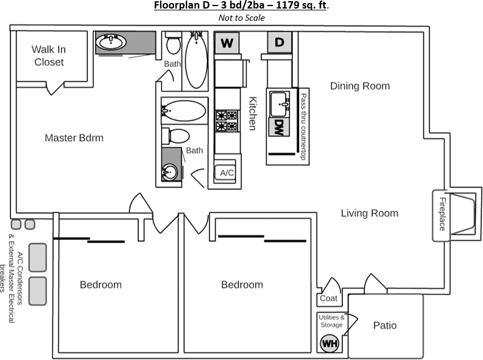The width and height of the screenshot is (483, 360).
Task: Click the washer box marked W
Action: click(227, 43)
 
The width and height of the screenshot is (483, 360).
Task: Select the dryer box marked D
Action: click(280, 42)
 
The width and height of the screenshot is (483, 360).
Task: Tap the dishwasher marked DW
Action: click(279, 127)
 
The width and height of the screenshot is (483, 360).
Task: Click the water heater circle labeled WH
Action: click(330, 343)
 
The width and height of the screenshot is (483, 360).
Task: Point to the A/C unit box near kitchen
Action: click(226, 173)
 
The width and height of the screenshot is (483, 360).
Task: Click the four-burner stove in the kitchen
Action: click(227, 121)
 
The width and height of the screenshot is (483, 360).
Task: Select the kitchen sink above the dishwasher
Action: click(280, 104)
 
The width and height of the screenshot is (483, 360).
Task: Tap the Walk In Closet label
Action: click(49, 56)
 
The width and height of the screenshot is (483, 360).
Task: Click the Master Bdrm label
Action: click(74, 138)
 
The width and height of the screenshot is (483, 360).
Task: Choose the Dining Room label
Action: click(360, 86)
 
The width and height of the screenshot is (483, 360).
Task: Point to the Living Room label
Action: click(369, 213)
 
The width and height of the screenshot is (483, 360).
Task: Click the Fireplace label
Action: click(443, 214)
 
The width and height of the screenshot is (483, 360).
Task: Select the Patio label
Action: click(385, 325)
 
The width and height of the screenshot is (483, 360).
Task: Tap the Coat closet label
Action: click(329, 298)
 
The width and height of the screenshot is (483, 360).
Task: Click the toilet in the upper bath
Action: click(174, 43)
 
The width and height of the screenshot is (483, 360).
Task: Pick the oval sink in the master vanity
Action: click(111, 42)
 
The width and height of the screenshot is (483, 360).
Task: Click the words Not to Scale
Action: click(241, 18)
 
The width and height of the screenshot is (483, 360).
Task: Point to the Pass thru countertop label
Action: click(303, 127)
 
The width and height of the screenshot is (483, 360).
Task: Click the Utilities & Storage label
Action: click(331, 321)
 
